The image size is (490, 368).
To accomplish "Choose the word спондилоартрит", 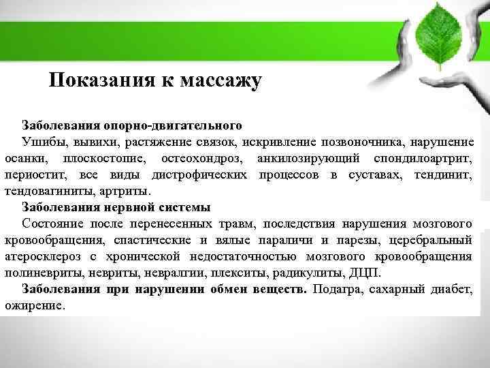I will pyautogui.click(x=423, y=159).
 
